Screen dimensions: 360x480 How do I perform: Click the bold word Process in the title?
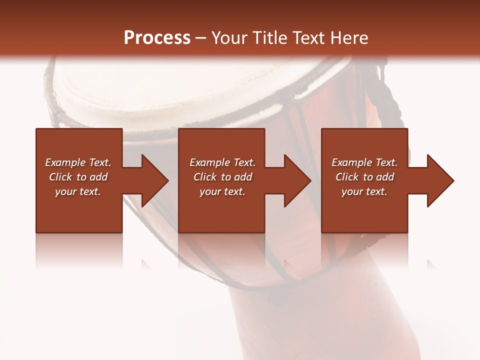pyautogui.click(x=157, y=38)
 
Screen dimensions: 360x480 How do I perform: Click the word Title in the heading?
pyautogui.click(x=267, y=38)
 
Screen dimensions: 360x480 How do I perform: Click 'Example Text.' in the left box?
pyautogui.click(x=78, y=162)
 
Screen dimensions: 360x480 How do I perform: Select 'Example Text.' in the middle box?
pyautogui.click(x=222, y=162)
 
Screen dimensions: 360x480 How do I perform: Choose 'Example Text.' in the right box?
pyautogui.click(x=364, y=162)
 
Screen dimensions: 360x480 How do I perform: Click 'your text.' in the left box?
pyautogui.click(x=78, y=191)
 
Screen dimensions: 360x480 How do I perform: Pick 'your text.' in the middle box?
pyautogui.click(x=222, y=191)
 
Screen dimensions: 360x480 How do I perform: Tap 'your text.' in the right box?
pyautogui.click(x=364, y=191)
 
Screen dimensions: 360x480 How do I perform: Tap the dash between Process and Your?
pyautogui.click(x=200, y=38)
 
